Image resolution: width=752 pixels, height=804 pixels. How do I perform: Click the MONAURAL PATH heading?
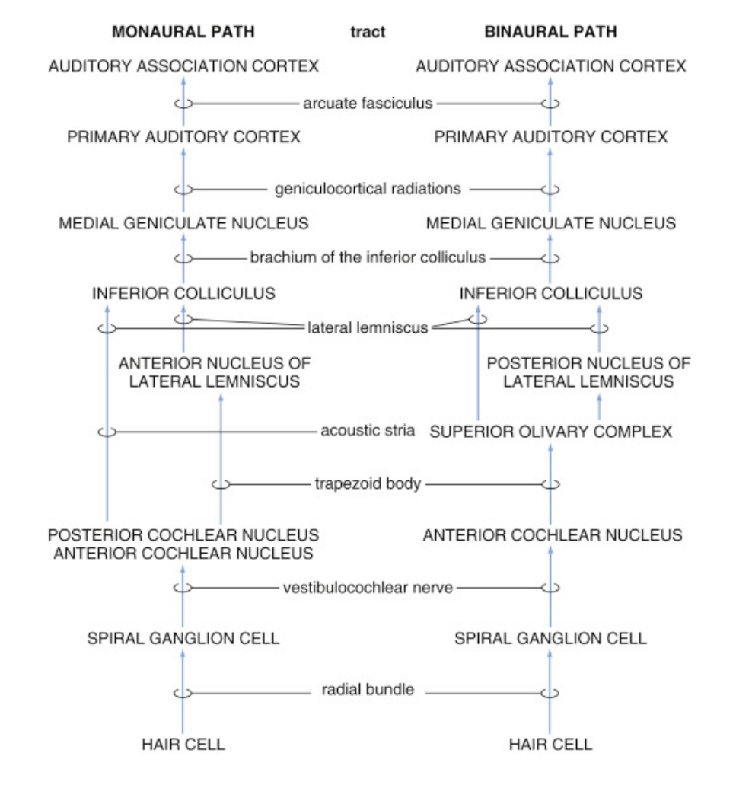tap(183, 32)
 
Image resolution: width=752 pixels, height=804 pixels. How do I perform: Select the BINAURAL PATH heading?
tap(551, 32)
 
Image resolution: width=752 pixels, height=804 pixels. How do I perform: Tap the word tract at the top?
tap(368, 32)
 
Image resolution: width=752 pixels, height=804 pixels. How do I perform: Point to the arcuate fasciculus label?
tap(368, 103)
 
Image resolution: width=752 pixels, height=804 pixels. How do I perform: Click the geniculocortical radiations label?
tap(368, 188)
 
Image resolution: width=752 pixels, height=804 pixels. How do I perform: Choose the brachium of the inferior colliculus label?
tap(368, 257)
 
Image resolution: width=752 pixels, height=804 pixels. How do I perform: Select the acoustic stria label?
tap(368, 431)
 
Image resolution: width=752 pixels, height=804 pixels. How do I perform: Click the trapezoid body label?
tap(368, 483)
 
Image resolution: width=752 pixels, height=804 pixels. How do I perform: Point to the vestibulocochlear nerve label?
tap(368, 587)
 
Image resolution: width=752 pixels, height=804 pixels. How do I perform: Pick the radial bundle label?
tap(368, 691)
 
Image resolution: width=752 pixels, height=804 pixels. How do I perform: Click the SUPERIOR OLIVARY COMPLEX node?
tap(551, 432)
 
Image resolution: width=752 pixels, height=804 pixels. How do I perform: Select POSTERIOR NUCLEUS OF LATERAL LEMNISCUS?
tap(588, 372)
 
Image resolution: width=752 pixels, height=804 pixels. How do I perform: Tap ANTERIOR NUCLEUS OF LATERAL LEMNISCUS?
tap(215, 372)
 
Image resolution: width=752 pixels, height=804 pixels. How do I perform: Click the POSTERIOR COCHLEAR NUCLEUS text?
tap(183, 535)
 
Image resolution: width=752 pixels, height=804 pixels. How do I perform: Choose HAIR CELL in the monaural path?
tap(183, 744)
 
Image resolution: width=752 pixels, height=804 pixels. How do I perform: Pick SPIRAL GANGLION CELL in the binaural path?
tap(550, 638)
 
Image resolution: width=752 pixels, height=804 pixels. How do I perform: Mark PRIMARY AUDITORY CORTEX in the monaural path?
tap(183, 137)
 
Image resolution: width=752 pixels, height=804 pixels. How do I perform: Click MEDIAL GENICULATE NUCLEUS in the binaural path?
tap(551, 223)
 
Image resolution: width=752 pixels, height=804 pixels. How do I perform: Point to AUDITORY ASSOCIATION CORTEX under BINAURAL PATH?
tap(551, 66)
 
